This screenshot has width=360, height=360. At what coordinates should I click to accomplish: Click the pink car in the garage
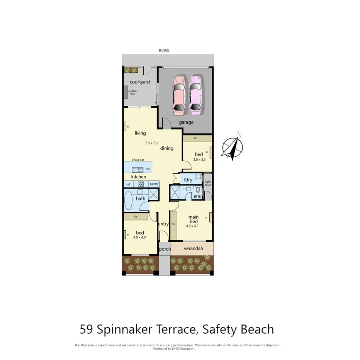[x=178, y=95]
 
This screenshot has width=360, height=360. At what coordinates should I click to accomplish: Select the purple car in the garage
[x=195, y=95]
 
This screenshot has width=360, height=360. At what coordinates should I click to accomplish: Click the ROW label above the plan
[x=164, y=51]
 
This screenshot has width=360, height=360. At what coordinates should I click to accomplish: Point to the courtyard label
[x=139, y=82]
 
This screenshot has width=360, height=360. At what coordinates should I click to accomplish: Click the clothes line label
[x=132, y=92]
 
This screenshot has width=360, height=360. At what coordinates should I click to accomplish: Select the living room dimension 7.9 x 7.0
[x=151, y=143]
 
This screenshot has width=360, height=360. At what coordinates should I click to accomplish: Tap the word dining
[x=167, y=148]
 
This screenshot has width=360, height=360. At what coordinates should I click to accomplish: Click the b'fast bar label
[x=138, y=160]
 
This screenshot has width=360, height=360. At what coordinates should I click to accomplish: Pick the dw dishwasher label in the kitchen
[x=148, y=169]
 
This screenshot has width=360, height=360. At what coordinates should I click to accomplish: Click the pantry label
[x=154, y=184]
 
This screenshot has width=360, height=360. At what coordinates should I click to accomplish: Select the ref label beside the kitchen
[x=128, y=184]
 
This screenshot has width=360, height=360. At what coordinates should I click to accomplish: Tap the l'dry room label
[x=188, y=180]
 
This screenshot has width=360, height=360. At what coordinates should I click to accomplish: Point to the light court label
[x=208, y=183]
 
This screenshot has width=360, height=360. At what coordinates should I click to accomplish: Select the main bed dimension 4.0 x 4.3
[x=192, y=226]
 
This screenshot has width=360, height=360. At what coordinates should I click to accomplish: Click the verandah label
[x=192, y=248]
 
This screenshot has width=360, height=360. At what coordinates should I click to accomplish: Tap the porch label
[x=165, y=249]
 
